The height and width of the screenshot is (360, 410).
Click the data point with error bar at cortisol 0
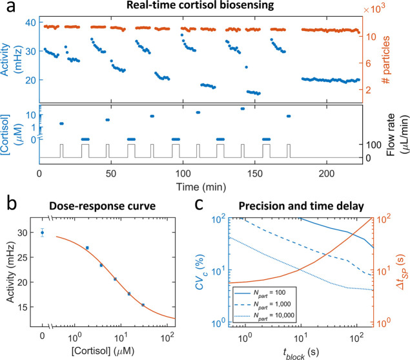(x=43, y=233)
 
